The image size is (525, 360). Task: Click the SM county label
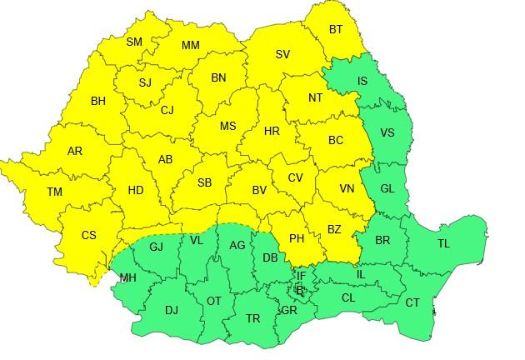pos(134,42)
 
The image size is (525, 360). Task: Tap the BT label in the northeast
pos(336,30)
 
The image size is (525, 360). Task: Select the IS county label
pos(362,81)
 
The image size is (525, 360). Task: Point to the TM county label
pos(54,192)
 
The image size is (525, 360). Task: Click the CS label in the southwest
pos(88,235)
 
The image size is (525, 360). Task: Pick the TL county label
pos(442,244)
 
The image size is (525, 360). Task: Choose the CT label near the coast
pos(412,302)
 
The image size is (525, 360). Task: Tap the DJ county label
pos(171,310)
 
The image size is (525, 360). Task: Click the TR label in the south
pos(252,318)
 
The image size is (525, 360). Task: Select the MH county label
pos(128,277)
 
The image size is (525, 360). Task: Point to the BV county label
pos(259,191)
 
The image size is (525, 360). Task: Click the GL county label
pos(387,189)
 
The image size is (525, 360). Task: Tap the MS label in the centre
pos(227,127)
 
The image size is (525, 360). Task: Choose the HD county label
pos(136,191)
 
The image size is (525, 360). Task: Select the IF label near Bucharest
pos(302,275)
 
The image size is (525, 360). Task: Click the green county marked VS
pos(387,132)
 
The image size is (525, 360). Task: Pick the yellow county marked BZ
pos(334,229)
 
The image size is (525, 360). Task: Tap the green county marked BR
pos(382,240)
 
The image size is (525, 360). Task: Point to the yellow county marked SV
pos(282,55)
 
